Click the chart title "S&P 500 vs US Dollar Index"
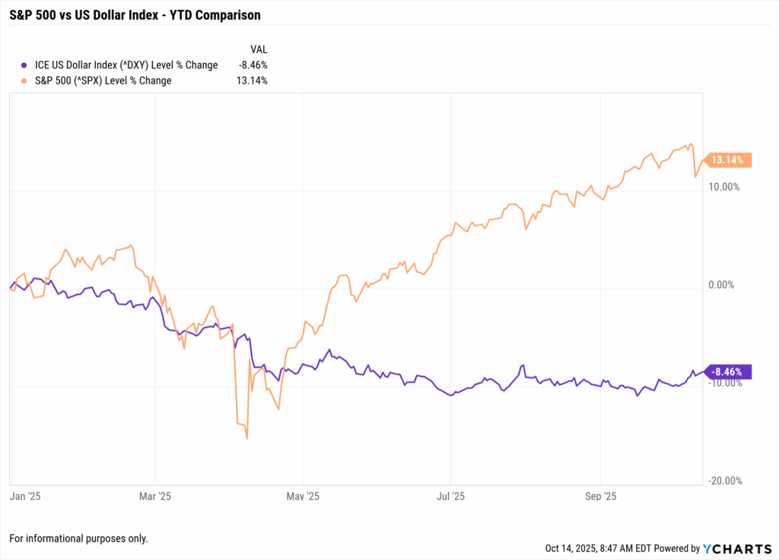click(x=129, y=14)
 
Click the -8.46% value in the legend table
click(x=252, y=65)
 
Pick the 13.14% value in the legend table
click(x=252, y=81)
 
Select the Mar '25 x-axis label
click(x=156, y=497)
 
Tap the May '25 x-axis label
click(x=304, y=497)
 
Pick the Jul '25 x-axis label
click(x=450, y=497)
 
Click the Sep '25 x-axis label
click(x=600, y=497)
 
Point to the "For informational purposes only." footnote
click(x=78, y=538)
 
